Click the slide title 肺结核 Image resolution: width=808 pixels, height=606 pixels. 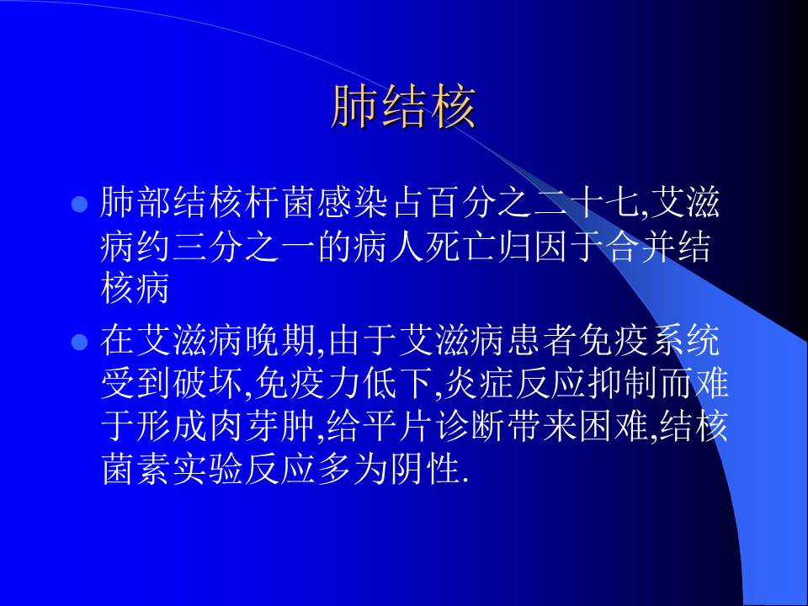(x=404, y=107)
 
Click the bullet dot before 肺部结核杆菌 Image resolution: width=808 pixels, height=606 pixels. (x=80, y=205)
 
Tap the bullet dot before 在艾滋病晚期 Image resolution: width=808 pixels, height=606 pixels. (x=80, y=343)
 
